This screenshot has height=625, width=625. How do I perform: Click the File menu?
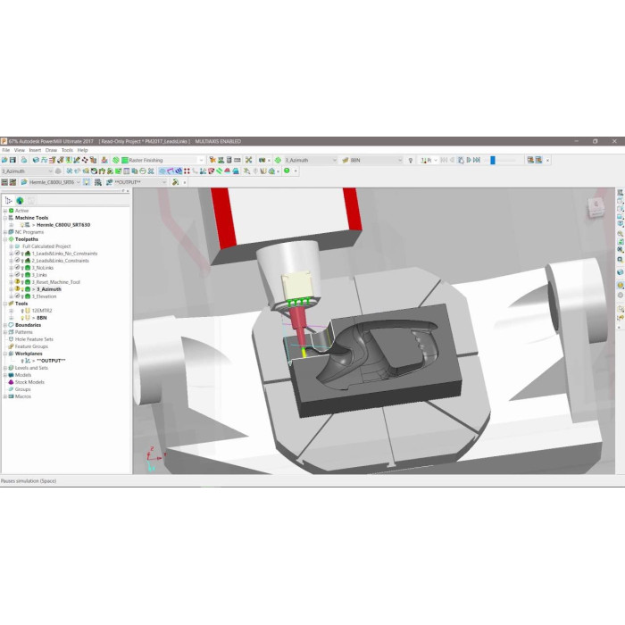click(x=5, y=150)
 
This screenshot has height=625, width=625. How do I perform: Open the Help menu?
click(x=82, y=150)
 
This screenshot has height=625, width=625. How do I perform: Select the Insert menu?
click(x=35, y=150)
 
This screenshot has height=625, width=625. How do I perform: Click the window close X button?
click(x=615, y=141)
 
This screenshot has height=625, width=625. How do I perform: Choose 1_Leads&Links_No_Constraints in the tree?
click(x=64, y=254)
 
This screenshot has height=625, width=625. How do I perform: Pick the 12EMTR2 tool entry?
click(x=43, y=310)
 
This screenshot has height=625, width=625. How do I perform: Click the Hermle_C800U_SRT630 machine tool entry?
click(x=66, y=225)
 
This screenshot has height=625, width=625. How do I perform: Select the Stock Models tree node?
click(x=29, y=381)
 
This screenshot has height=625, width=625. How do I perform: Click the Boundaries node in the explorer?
click(x=28, y=324)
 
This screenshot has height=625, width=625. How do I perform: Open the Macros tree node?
click(x=23, y=396)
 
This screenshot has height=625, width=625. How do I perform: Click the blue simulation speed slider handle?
click(x=492, y=160)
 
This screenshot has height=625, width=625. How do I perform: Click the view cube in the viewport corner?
click(x=595, y=207)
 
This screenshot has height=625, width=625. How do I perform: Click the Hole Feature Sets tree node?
click(x=34, y=338)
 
